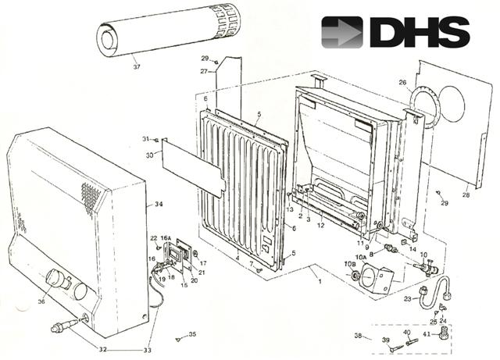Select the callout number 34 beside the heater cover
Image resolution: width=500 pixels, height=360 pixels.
point(159,205)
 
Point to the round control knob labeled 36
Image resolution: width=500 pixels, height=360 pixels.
point(57,280)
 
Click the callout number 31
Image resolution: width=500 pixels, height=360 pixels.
point(145,139)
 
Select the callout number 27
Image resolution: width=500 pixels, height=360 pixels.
point(203,72)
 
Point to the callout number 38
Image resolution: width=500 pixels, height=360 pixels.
point(358,337)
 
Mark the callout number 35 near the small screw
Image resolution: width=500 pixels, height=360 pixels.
point(193,334)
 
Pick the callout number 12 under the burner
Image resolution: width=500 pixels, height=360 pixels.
point(321,225)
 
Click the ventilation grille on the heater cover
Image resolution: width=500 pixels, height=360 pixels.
point(92,199)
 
